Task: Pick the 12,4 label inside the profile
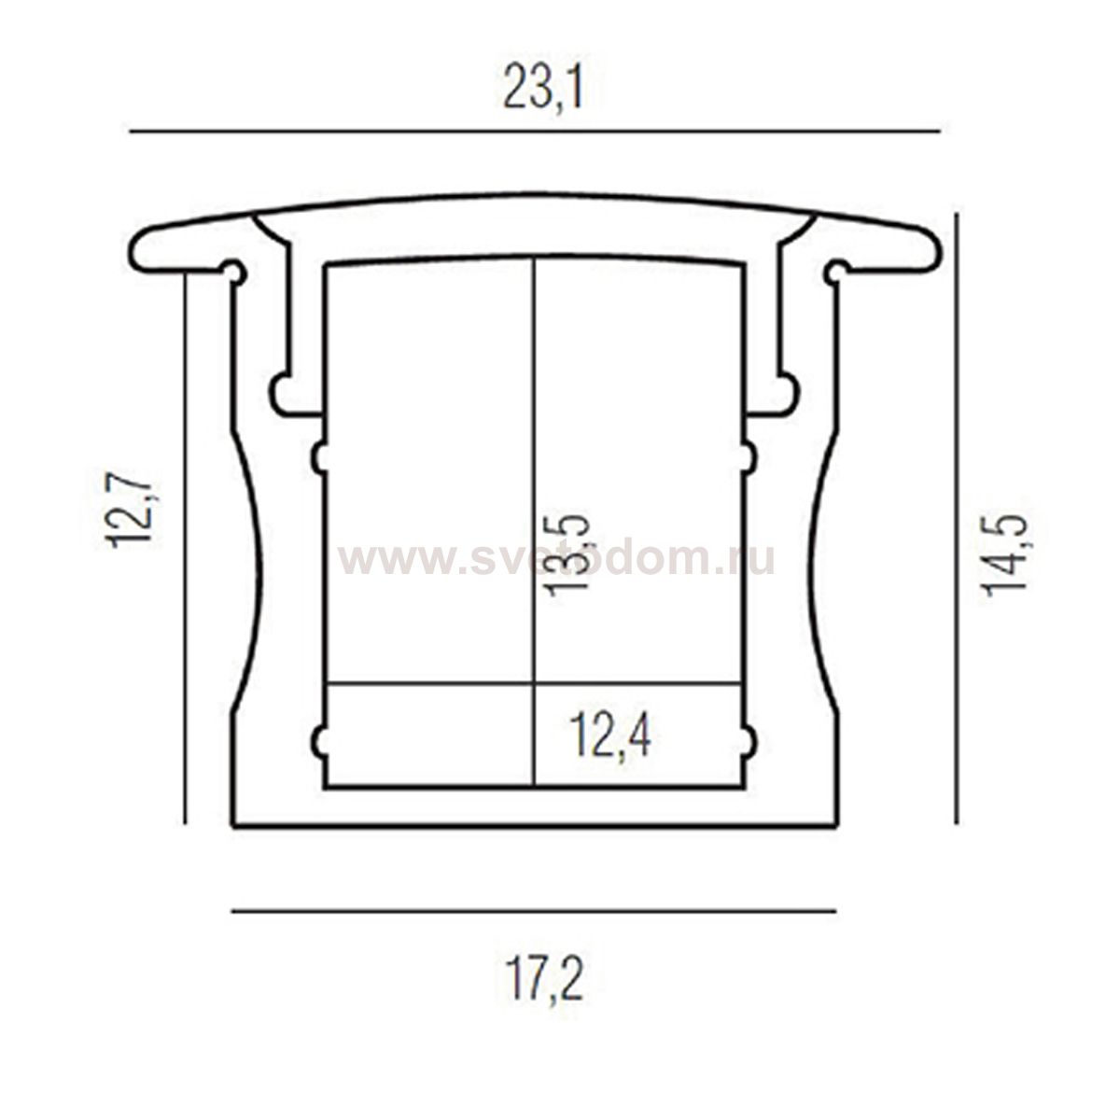609,736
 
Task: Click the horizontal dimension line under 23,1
534,132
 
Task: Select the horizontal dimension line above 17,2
534,910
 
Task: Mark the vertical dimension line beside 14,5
956,518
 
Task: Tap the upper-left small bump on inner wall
318,457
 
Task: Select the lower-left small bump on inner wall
318,742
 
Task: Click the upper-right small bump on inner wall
749,457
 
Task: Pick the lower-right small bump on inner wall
749,742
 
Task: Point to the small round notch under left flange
235,273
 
